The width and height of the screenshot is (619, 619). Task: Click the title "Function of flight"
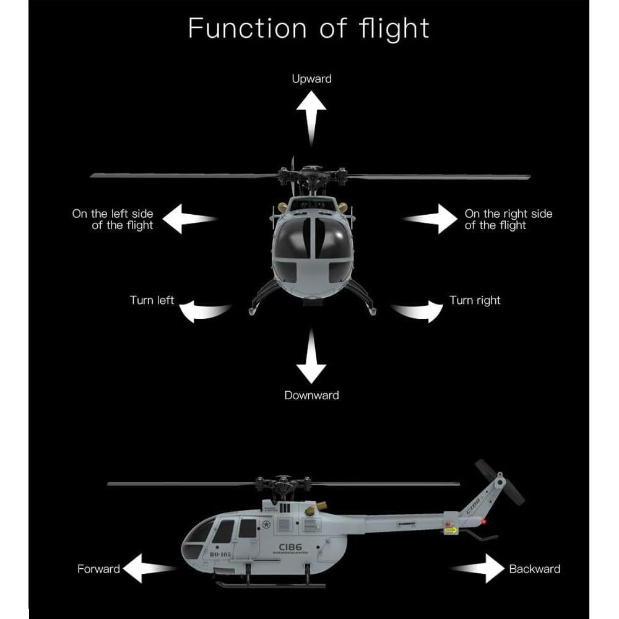(x=308, y=28)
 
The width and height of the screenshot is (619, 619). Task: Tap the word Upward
(x=311, y=79)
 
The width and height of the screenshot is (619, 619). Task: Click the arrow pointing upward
(x=311, y=118)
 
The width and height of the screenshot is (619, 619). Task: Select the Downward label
(x=311, y=395)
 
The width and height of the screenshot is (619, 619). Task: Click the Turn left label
(x=152, y=300)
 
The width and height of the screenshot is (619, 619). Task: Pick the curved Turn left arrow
(x=207, y=311)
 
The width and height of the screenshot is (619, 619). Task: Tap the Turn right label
(x=474, y=300)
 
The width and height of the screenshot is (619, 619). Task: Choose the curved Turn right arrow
(x=416, y=311)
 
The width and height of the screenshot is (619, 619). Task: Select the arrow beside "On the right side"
(x=431, y=219)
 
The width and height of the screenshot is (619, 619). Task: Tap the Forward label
(x=98, y=569)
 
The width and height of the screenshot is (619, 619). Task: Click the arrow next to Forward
(x=149, y=568)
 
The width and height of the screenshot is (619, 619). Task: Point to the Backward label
(x=534, y=569)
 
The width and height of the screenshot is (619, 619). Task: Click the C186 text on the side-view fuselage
(x=290, y=547)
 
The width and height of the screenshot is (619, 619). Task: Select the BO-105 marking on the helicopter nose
(x=220, y=555)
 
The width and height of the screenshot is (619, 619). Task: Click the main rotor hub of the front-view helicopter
(x=309, y=175)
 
